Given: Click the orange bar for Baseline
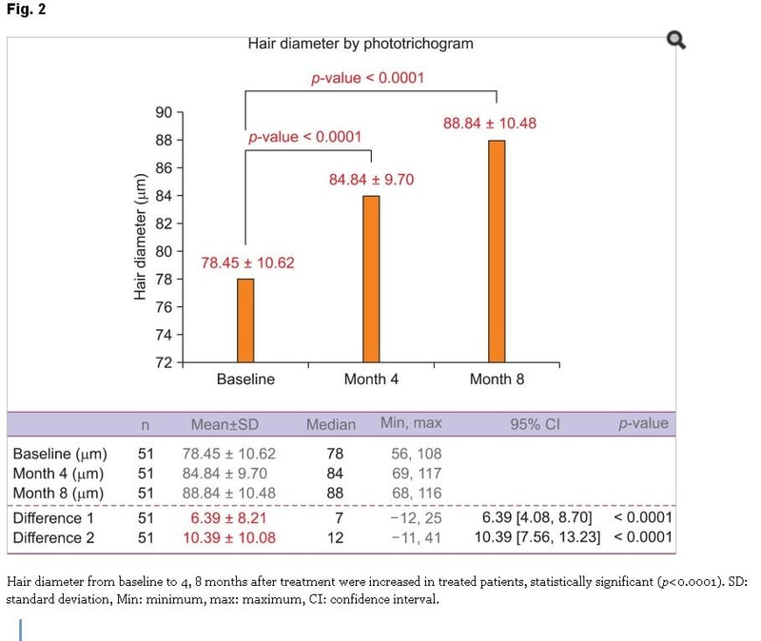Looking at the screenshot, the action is click(245, 320).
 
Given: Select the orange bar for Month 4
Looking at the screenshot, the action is click(371, 279).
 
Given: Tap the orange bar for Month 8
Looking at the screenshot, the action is click(497, 251).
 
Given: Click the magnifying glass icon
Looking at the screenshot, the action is click(676, 40).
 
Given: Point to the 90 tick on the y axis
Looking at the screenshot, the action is click(180, 112).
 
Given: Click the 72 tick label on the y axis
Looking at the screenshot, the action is click(164, 362).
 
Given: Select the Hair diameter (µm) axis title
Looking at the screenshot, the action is click(140, 236).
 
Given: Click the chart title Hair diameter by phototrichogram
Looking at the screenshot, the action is click(361, 44).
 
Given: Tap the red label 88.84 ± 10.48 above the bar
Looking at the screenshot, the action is click(490, 124).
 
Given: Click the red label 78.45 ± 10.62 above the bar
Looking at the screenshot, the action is click(248, 263).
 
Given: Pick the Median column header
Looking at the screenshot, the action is click(331, 424).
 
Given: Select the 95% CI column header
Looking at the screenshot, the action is click(535, 424).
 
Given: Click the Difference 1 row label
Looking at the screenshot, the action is click(53, 518).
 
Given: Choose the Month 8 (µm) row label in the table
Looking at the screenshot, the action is click(58, 494).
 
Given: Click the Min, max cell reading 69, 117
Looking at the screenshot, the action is click(417, 474).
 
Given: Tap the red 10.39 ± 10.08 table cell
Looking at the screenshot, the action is click(229, 537).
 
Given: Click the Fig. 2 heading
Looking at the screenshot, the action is click(27, 10).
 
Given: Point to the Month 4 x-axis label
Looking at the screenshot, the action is click(371, 379).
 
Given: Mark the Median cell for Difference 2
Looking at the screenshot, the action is click(336, 537).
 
